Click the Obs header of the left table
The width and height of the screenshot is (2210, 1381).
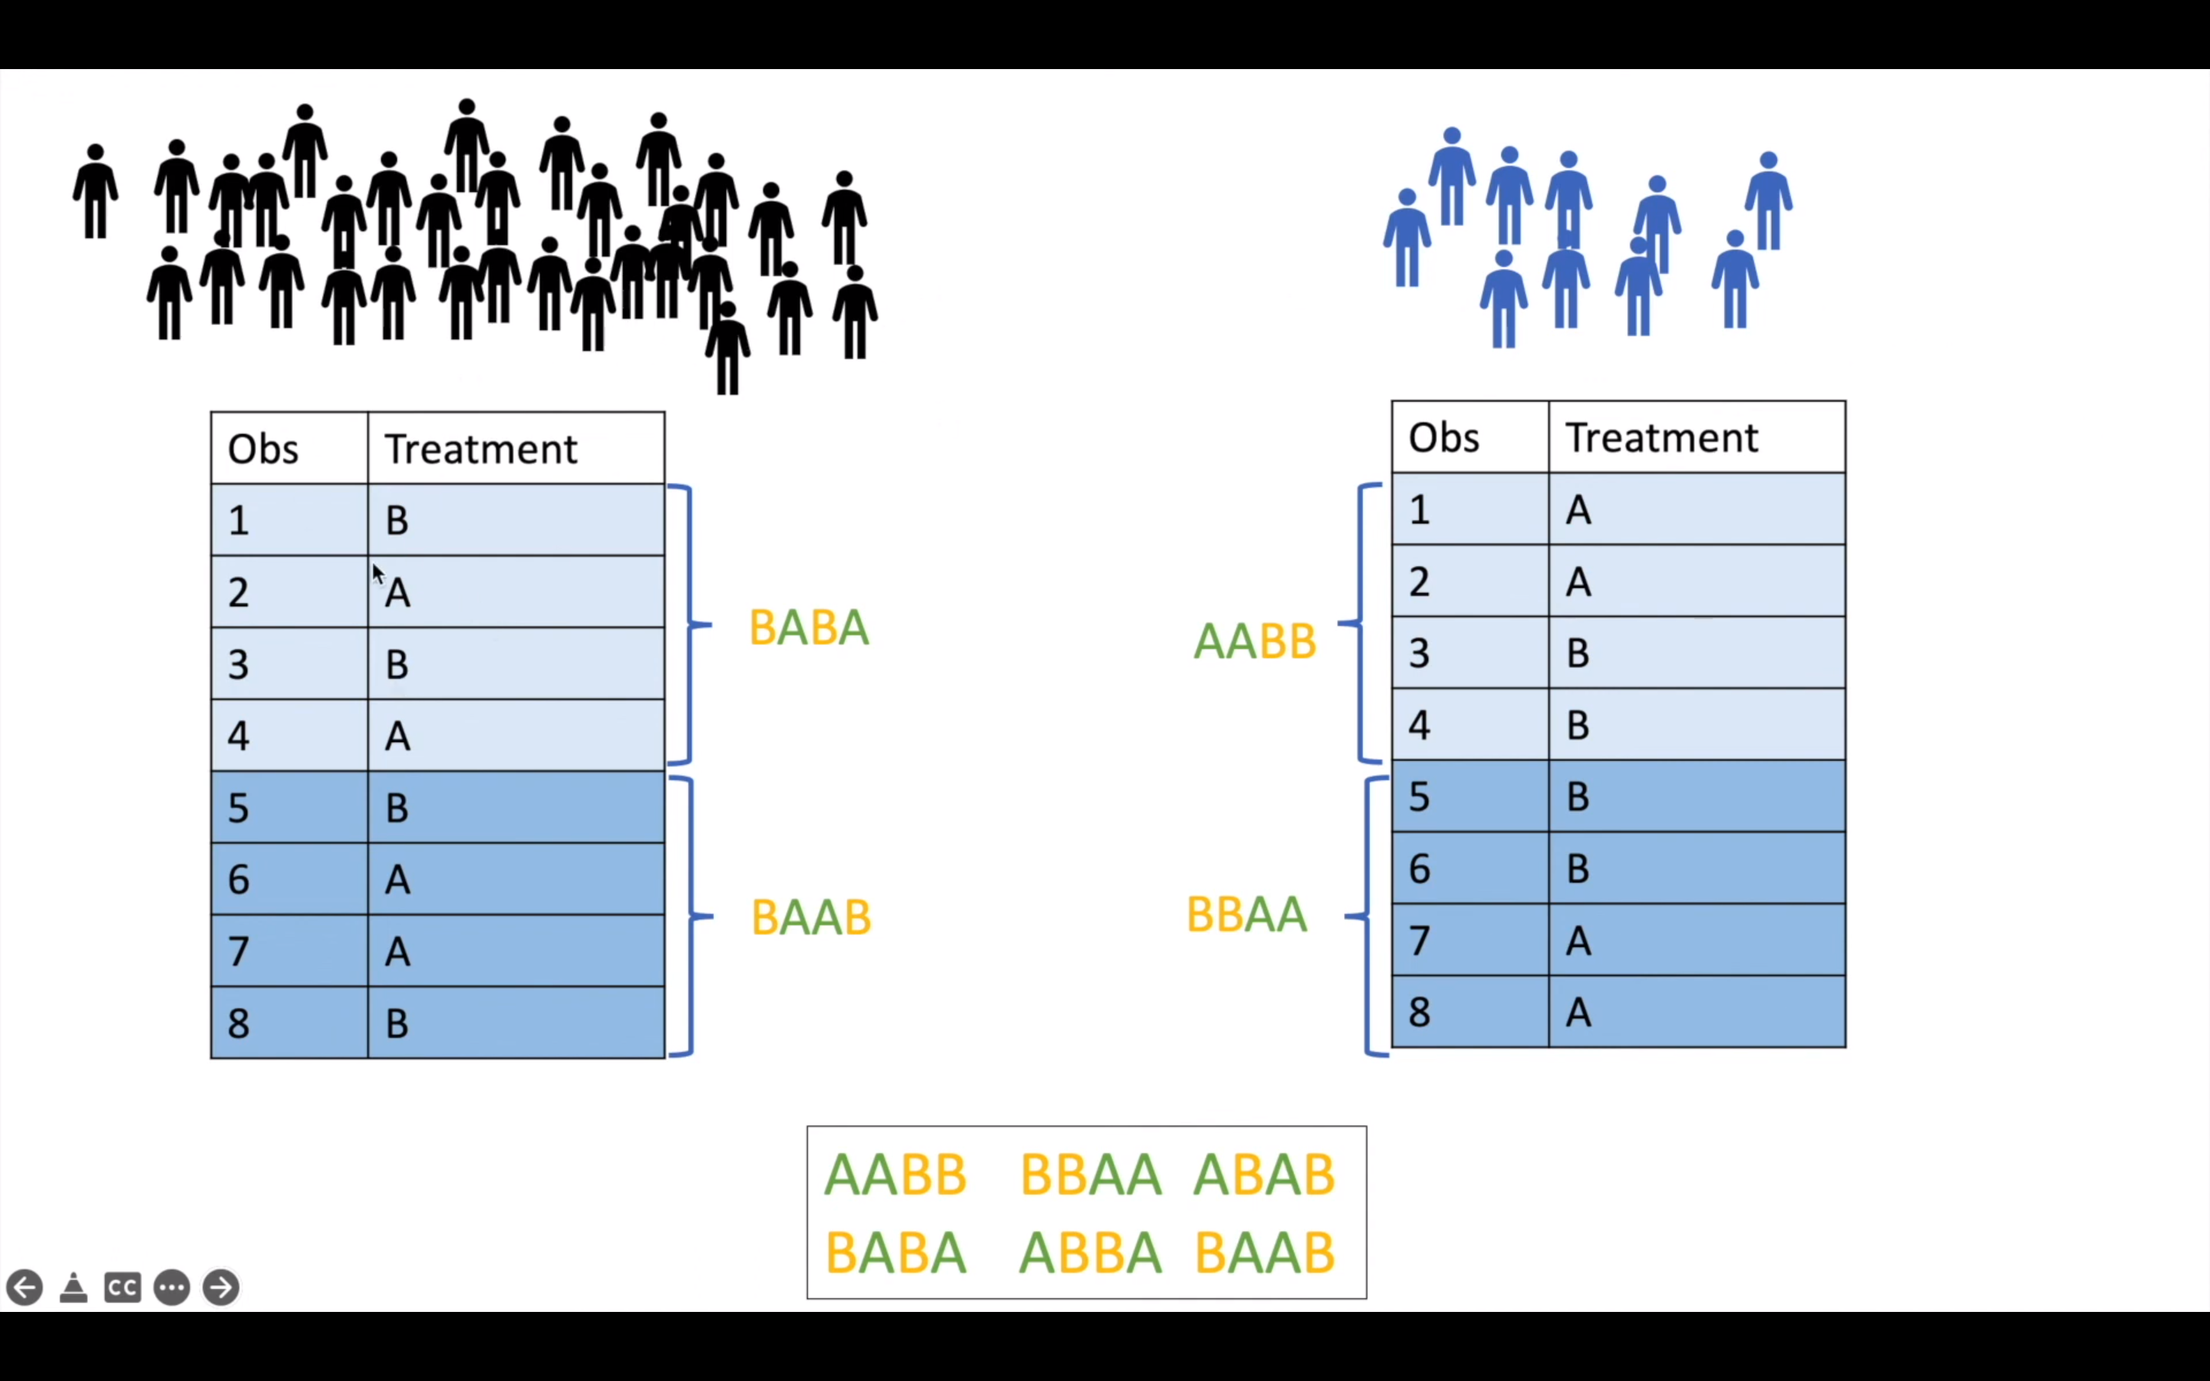coord(263,449)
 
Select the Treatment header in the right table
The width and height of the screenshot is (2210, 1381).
coord(1661,437)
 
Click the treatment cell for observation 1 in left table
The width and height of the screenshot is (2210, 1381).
coord(515,519)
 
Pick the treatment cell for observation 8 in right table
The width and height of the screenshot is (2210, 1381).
coord(1696,1011)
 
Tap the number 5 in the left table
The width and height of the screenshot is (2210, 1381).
coord(239,807)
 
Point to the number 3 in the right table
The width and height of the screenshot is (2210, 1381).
coord(1419,652)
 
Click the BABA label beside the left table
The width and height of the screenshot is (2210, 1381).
coord(809,628)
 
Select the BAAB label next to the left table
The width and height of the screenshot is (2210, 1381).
coord(811,917)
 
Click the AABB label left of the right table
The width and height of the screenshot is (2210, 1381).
coord(1255,641)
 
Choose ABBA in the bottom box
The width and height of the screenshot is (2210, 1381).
coord(1090,1252)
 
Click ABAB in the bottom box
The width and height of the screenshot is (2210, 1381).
coord(1265,1174)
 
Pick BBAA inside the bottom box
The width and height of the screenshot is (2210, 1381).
coord(1090,1174)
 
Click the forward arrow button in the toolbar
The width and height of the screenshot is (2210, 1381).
coord(221,1288)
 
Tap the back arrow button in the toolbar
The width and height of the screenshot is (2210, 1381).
coord(25,1288)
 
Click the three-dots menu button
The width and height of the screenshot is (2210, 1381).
coord(172,1288)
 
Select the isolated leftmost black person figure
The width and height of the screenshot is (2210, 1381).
coord(95,192)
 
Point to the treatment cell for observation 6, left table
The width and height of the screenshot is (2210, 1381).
coord(515,878)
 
